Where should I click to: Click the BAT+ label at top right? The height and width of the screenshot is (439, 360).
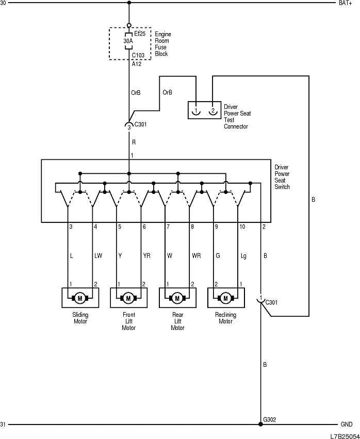[x=345, y=3]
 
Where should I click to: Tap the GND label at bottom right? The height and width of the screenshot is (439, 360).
[x=346, y=425]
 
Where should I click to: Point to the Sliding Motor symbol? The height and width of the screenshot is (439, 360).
[x=80, y=298]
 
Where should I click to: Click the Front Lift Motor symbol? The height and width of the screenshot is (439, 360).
[x=128, y=298]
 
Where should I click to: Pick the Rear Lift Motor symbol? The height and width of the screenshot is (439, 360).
[x=177, y=298]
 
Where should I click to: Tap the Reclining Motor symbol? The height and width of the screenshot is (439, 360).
[x=225, y=298]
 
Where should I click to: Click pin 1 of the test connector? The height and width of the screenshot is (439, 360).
[x=197, y=110]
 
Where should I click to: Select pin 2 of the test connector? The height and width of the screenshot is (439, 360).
[x=212, y=110]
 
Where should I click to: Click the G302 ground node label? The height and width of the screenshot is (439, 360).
[x=270, y=419]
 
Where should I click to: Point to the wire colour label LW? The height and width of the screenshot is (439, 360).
[x=99, y=255]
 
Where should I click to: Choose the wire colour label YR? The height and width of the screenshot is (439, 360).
[x=146, y=255]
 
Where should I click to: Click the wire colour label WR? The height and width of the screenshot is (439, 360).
[x=195, y=255]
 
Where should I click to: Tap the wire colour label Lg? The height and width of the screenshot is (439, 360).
[x=244, y=255]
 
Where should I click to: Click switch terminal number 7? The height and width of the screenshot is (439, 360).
[x=168, y=226]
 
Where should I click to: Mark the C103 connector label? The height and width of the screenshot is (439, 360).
[x=138, y=55]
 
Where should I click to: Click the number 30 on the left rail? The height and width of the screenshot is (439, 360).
[x=3, y=3]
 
